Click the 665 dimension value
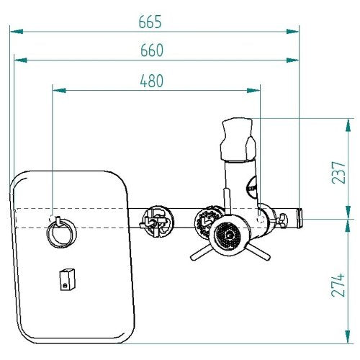[150, 22]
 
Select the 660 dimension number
[152, 50]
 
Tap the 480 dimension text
[152, 81]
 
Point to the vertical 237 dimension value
[338, 173]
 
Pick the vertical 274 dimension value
[338, 285]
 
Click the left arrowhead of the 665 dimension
[17, 32]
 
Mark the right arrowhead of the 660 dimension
[292, 60]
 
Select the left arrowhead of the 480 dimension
[59, 91]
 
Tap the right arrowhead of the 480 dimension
[253, 91]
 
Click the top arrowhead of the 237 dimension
[348, 125]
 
